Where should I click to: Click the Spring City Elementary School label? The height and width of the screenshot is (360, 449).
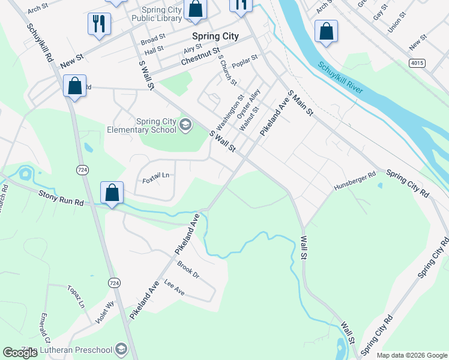click(142, 125)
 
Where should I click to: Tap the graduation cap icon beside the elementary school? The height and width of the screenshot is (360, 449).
click(185, 125)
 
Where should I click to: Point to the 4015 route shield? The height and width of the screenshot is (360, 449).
click(417, 62)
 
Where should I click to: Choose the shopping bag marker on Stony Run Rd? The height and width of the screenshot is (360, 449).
click(112, 193)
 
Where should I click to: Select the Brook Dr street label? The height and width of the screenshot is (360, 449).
click(188, 270)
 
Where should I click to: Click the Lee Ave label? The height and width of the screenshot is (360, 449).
click(174, 289)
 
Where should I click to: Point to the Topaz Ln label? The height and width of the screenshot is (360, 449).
click(76, 296)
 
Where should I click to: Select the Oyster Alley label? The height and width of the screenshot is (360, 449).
click(249, 103)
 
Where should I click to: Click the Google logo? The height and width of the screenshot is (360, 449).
click(20, 352)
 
